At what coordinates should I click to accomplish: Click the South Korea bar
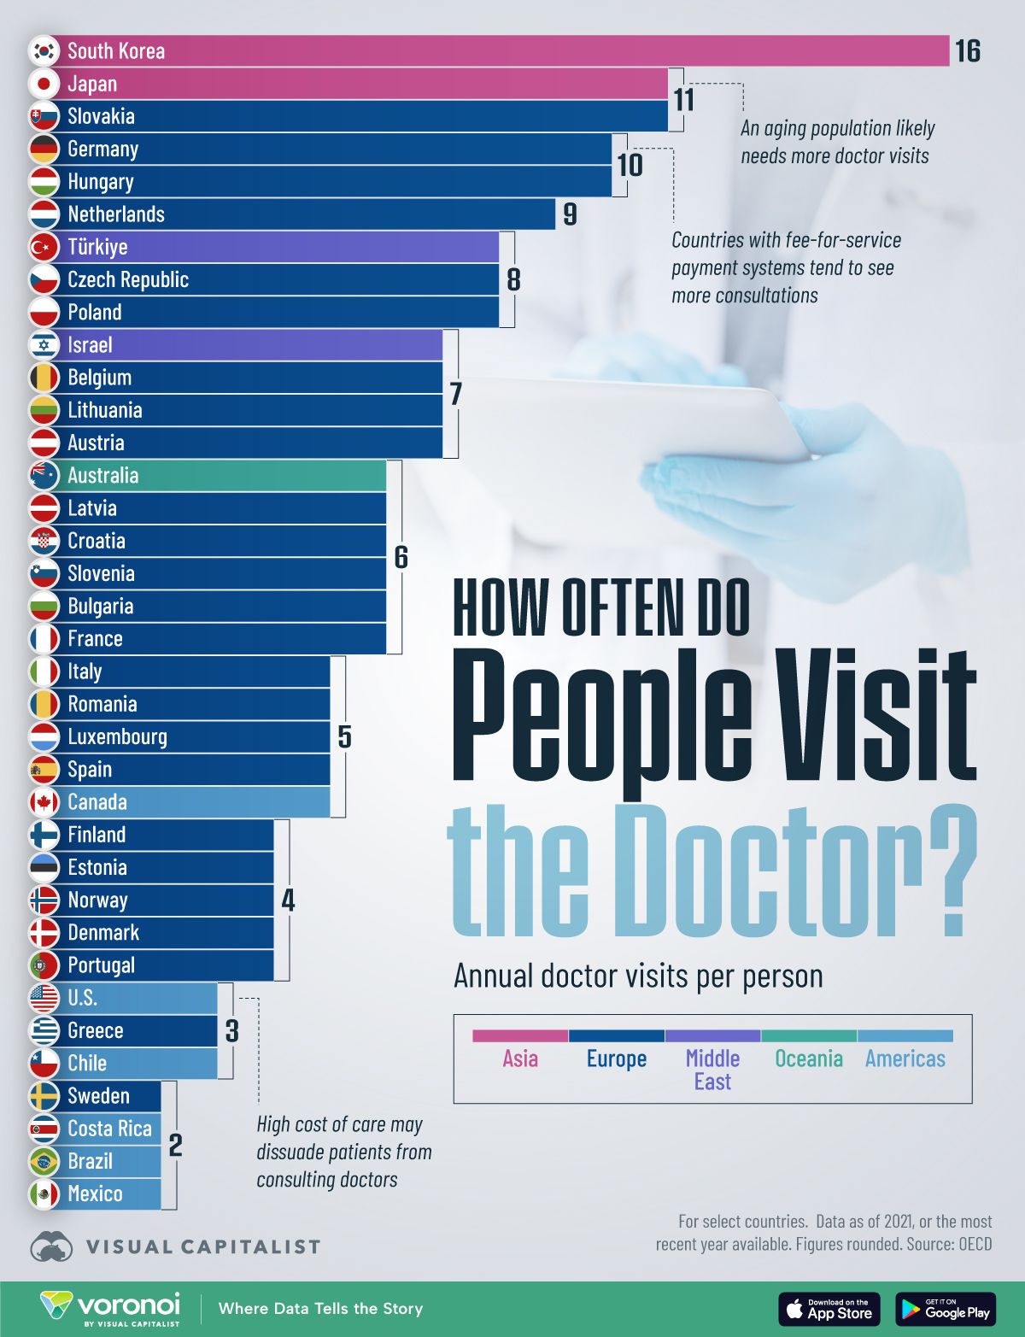click(x=512, y=51)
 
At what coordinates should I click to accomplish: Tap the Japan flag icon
click(x=44, y=84)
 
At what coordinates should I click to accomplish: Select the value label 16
click(x=967, y=51)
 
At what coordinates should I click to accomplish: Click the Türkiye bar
click(x=299, y=247)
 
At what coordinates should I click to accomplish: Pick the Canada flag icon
click(x=44, y=802)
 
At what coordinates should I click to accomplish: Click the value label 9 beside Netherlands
click(x=570, y=214)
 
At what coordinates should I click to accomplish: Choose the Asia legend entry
click(x=520, y=1058)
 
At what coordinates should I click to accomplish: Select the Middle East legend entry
click(x=712, y=1069)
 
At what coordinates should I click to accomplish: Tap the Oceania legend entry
click(x=808, y=1058)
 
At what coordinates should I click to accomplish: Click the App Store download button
click(x=829, y=1309)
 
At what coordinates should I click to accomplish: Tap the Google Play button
click(x=946, y=1309)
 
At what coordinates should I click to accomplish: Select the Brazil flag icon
click(x=44, y=1161)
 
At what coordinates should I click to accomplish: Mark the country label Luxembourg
click(x=117, y=736)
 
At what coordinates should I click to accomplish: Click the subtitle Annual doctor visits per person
click(x=638, y=976)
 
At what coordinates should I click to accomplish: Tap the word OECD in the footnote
click(x=975, y=1244)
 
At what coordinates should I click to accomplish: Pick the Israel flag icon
click(x=44, y=345)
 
